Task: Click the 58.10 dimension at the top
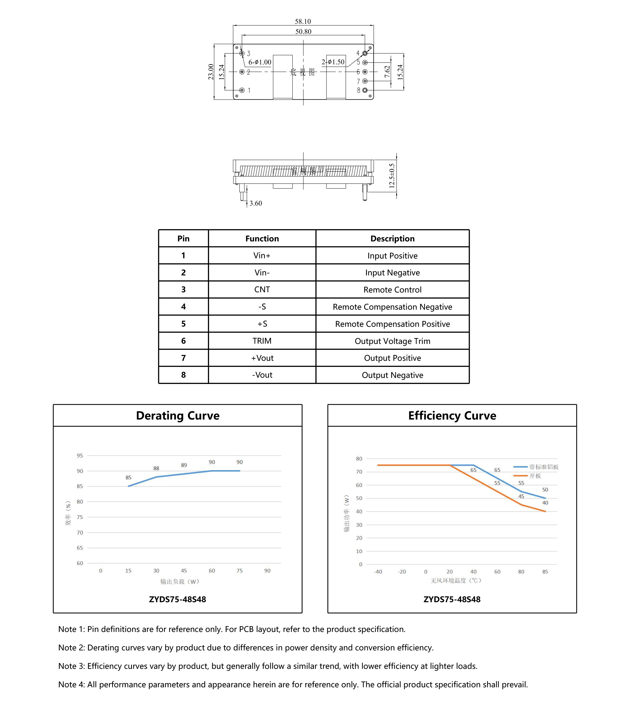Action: point(303,21)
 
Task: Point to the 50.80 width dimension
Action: point(303,31)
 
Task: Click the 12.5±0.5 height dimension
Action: point(392,176)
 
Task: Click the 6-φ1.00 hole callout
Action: point(260,62)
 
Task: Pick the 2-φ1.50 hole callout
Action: point(333,62)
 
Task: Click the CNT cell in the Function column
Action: point(262,290)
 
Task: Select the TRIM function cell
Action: point(262,341)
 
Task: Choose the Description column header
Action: point(392,238)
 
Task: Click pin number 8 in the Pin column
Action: point(183,375)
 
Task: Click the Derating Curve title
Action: point(178,415)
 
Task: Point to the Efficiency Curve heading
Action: point(452,415)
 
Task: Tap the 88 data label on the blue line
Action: point(156,468)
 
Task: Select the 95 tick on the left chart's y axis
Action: point(80,455)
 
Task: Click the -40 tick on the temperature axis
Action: point(378,572)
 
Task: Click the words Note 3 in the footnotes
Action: point(71,666)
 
